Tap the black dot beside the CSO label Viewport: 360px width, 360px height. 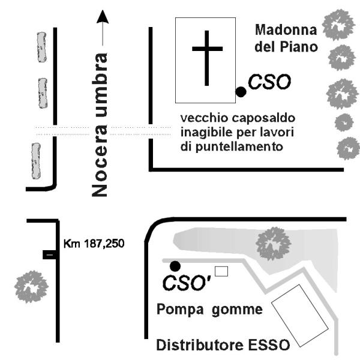point(241,91)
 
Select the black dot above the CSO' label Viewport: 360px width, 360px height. point(175,265)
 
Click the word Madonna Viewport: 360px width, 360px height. point(284,29)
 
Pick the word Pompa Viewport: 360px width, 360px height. point(178,310)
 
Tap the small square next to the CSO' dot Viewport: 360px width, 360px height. point(221,271)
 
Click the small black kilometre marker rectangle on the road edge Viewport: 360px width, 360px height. point(50,255)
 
